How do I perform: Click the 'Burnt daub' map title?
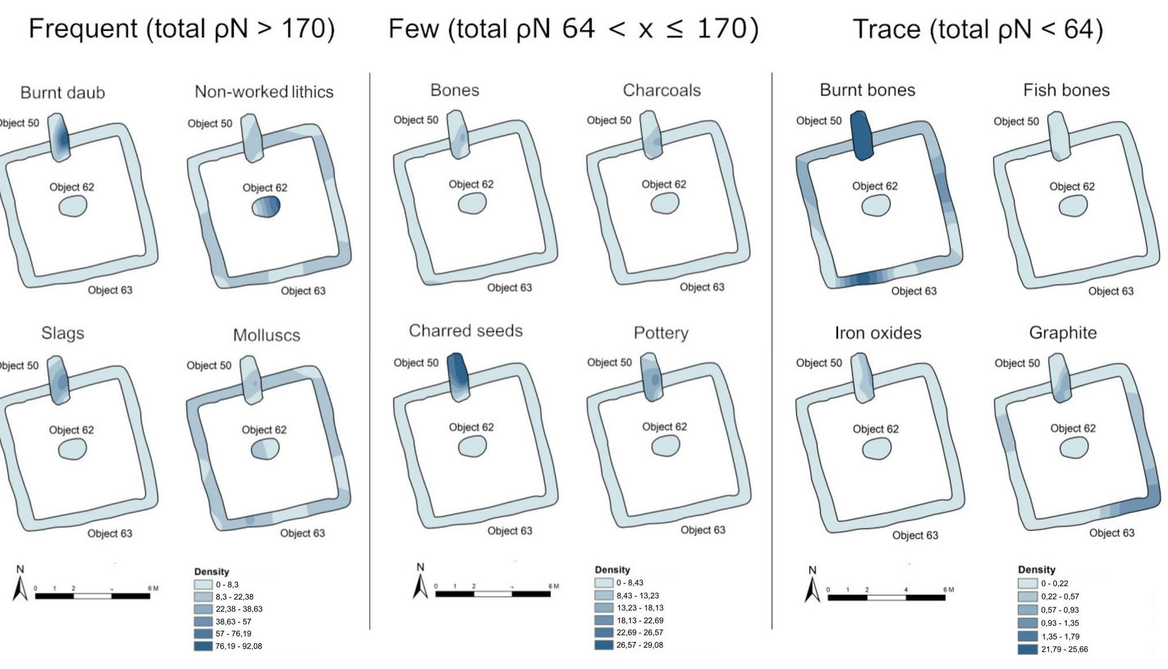(62, 92)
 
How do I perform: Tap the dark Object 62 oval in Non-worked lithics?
(266, 206)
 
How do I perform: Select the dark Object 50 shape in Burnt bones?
(862, 136)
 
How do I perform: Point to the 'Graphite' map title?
(1063, 333)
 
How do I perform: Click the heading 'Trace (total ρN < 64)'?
(977, 29)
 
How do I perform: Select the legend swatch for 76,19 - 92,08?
(203, 646)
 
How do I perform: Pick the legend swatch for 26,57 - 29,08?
(604, 645)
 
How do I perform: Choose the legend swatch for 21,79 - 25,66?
(1027, 649)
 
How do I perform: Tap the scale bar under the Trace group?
(886, 597)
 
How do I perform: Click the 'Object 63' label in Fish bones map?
(1111, 291)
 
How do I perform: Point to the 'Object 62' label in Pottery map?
(664, 426)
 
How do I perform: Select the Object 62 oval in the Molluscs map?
(265, 449)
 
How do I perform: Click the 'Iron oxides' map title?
(878, 333)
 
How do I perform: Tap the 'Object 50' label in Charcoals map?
(609, 120)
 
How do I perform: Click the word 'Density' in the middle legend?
(612, 570)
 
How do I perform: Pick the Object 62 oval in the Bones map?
(472, 203)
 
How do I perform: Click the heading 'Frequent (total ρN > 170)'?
(182, 29)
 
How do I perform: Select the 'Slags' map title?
(62, 333)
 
